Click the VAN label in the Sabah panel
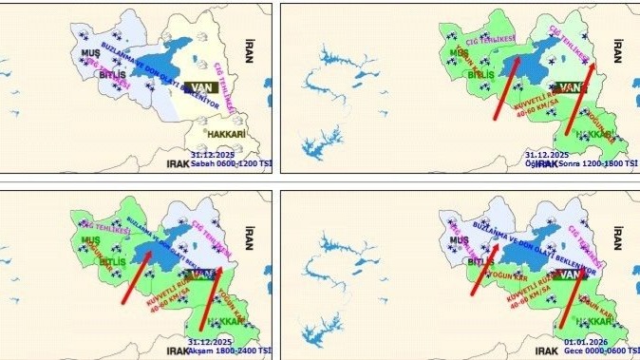202,86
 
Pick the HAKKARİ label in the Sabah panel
225,135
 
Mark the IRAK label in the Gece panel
546,351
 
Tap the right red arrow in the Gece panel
573,299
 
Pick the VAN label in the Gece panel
569,275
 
